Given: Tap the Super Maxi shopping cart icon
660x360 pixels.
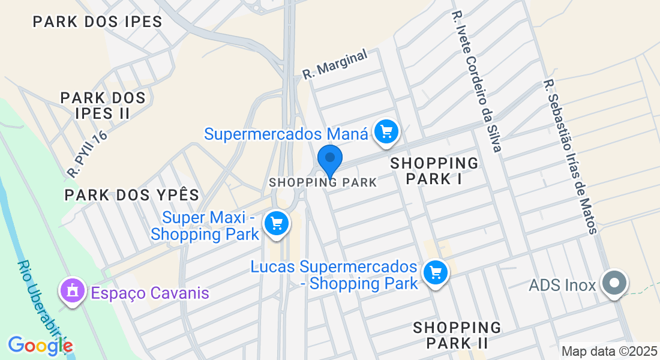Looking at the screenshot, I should point(277,224).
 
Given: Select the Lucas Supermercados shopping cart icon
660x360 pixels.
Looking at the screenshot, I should point(435,274).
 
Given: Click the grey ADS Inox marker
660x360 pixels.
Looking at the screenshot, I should point(614,283).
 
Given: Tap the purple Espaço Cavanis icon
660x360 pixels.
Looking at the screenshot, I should point(73,292).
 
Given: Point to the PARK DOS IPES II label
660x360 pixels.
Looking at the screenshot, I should point(103,105).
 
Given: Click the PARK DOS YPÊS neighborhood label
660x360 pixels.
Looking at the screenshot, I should point(131,195).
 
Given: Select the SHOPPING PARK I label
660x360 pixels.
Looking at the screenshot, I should point(434,170).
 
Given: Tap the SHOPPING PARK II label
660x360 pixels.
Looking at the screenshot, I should point(457,335).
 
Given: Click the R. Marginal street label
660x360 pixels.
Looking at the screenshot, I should point(335,65).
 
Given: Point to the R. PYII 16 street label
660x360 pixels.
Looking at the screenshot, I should point(88,154).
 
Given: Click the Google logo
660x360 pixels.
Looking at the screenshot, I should point(40,345).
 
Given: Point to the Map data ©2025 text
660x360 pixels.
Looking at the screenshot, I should point(608,351).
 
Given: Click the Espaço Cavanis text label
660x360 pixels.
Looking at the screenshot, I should point(150,293).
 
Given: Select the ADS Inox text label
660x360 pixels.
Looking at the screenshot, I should point(562,285).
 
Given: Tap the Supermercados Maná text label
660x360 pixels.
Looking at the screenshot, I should point(286,133).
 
